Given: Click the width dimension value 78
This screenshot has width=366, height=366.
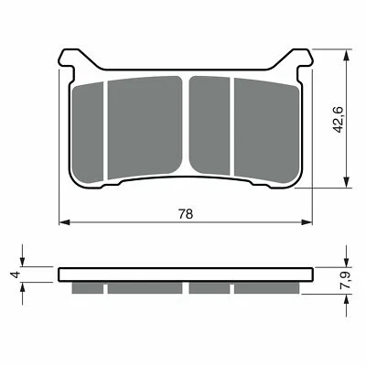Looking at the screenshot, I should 186,214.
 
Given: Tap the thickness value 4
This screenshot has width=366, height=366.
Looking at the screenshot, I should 14,274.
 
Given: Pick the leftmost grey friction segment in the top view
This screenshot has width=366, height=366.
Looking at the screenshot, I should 90,128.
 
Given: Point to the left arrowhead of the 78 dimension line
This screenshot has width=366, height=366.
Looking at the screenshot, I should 63,222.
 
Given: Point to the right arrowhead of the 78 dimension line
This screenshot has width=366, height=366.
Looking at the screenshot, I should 305,222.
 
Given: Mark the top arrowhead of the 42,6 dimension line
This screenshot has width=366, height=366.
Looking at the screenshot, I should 347,52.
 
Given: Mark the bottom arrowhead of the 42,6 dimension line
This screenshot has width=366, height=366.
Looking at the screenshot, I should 347,182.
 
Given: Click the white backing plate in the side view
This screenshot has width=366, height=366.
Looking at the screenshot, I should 184,274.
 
